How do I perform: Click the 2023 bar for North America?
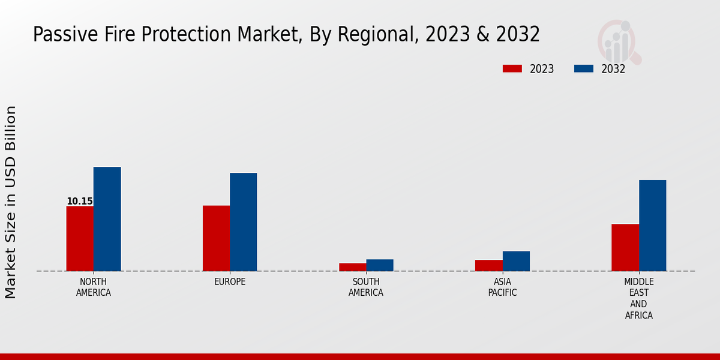[80, 239]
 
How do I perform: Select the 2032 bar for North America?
[107, 219]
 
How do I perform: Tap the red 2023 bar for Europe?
[216, 238]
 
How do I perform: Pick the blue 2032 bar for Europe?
[243, 222]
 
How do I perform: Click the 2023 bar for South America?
[352, 267]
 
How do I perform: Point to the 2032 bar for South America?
[380, 265]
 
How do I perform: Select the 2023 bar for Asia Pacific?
[488, 265]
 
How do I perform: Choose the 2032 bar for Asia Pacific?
[516, 261]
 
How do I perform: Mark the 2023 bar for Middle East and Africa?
[625, 247]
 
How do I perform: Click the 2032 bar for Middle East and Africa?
[653, 226]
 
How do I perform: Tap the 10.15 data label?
[80, 202]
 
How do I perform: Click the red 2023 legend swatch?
[512, 68]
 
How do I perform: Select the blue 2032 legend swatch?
[583, 68]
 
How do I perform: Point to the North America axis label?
[94, 287]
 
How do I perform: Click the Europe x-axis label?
[230, 282]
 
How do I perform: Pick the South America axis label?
[366, 287]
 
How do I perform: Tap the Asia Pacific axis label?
[502, 287]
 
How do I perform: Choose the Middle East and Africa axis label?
[639, 298]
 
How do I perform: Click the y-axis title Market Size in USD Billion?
[11, 202]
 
